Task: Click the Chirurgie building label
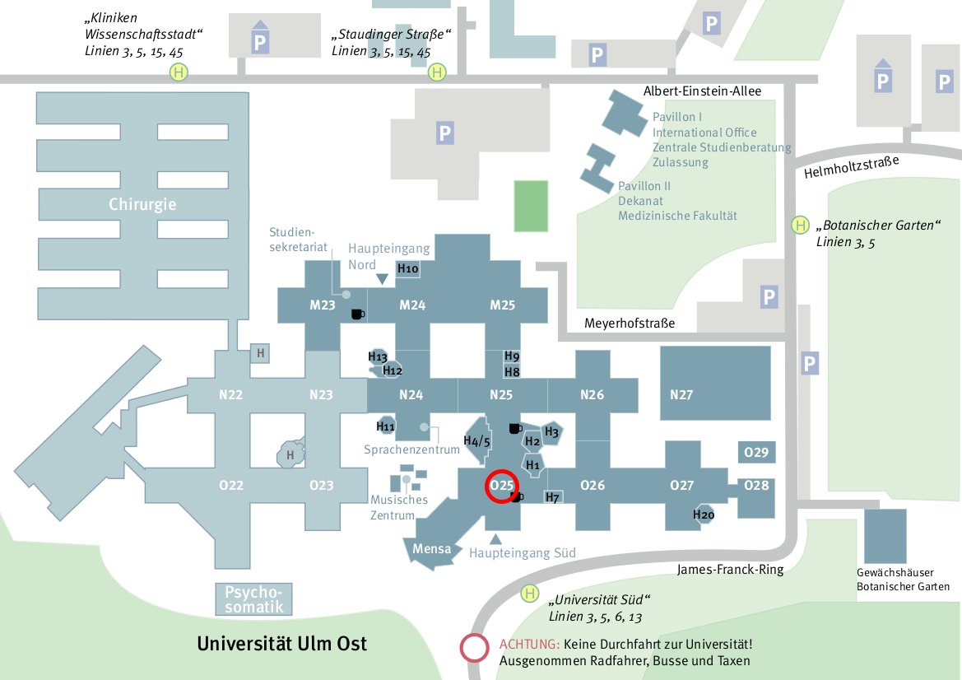[142, 204]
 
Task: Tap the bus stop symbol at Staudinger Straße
[437, 72]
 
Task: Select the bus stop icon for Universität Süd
[530, 594]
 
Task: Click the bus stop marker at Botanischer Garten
[800, 226]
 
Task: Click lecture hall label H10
[408, 269]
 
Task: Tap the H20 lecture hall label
[704, 515]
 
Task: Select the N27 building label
[681, 394]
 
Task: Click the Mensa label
[432, 548]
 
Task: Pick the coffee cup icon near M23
[357, 314]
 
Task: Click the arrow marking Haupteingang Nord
[382, 279]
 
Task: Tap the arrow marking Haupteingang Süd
[495, 539]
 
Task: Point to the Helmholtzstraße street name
[852, 167]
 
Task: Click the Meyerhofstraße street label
[630, 324]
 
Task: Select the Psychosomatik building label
[254, 599]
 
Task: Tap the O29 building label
[755, 453]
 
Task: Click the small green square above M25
[531, 206]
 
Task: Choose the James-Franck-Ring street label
[730, 570]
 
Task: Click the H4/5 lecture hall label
[476, 441]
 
